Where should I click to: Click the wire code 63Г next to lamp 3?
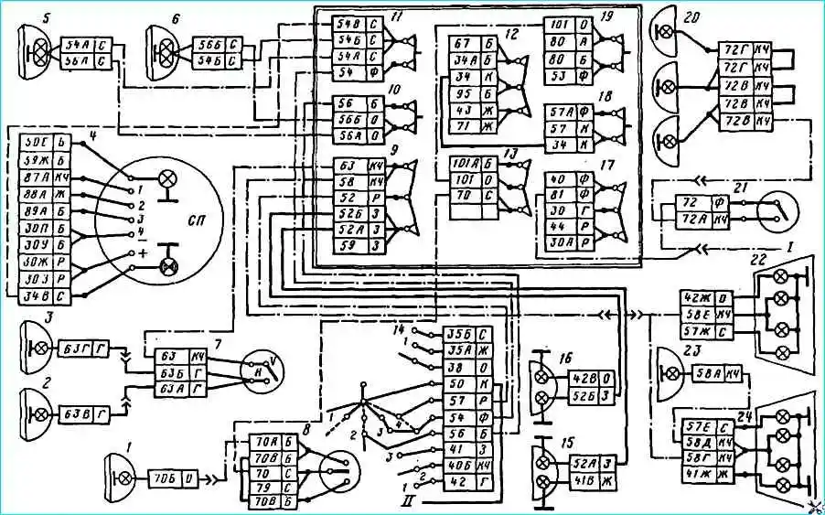70,349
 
